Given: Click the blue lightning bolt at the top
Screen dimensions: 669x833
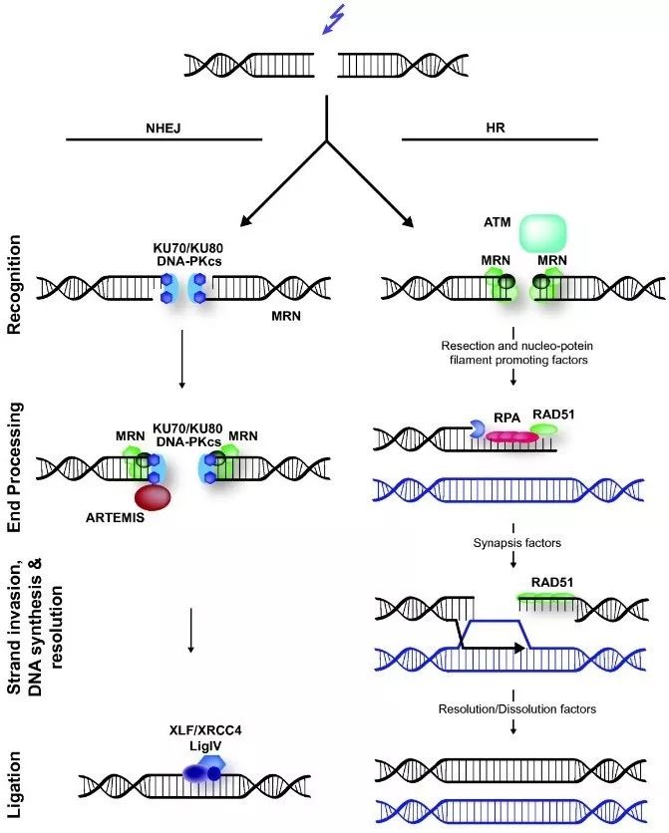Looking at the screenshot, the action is click(x=334, y=20).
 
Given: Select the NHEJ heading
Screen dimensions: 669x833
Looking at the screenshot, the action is click(x=164, y=128).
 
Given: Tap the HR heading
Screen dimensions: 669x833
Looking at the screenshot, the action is click(x=496, y=128).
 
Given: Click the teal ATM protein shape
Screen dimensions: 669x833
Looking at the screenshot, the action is click(x=542, y=233).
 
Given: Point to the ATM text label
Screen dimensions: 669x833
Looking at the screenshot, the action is click(x=498, y=222).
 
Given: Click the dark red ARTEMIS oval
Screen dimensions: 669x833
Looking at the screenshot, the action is click(x=153, y=497).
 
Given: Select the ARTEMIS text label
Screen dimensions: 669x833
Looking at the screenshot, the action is click(x=116, y=517).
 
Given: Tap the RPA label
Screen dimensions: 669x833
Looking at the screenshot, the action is click(x=506, y=418).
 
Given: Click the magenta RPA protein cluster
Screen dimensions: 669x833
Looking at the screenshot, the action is click(x=512, y=436).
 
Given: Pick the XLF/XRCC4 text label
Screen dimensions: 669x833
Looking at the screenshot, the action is click(x=205, y=730).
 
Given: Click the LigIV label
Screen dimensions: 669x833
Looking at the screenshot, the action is click(x=205, y=746).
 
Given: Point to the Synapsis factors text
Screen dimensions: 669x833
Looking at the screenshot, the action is click(x=517, y=543).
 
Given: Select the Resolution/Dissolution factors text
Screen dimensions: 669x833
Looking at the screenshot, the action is click(x=517, y=709).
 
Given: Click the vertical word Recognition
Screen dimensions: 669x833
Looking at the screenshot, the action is click(x=14, y=285).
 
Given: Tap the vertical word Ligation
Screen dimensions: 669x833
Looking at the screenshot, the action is click(x=14, y=784).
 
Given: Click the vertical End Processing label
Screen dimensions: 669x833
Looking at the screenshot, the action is click(x=14, y=467).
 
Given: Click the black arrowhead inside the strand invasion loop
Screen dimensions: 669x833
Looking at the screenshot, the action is click(x=519, y=648).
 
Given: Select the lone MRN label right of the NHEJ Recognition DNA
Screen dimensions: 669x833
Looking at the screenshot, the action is click(x=286, y=316).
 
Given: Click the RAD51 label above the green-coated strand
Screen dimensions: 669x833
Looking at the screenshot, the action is click(x=552, y=582).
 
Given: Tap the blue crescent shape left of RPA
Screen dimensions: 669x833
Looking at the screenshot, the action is click(x=477, y=428).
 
